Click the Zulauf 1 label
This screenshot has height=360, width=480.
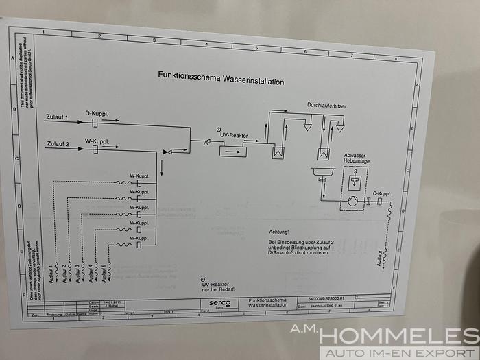tap(57, 118)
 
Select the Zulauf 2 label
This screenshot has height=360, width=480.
tap(57, 144)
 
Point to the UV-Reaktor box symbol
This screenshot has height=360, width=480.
tap(232, 150)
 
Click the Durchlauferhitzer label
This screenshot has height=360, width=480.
tap(327, 106)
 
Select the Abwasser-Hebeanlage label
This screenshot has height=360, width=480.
tap(357, 160)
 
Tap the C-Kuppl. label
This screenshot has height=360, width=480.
tap(381, 194)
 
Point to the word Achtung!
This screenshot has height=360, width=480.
tap(278, 232)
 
